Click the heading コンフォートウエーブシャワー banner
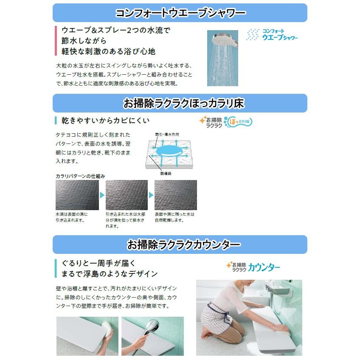(180, 13)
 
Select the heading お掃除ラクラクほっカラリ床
(180, 103)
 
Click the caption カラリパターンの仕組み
(80, 176)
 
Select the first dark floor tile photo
(77, 195)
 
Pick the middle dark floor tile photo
(127, 195)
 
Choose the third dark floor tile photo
(176, 195)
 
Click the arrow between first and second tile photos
(102, 195)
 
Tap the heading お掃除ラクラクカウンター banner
(180, 245)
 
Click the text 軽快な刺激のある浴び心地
(109, 51)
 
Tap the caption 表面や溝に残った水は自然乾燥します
(174, 217)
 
